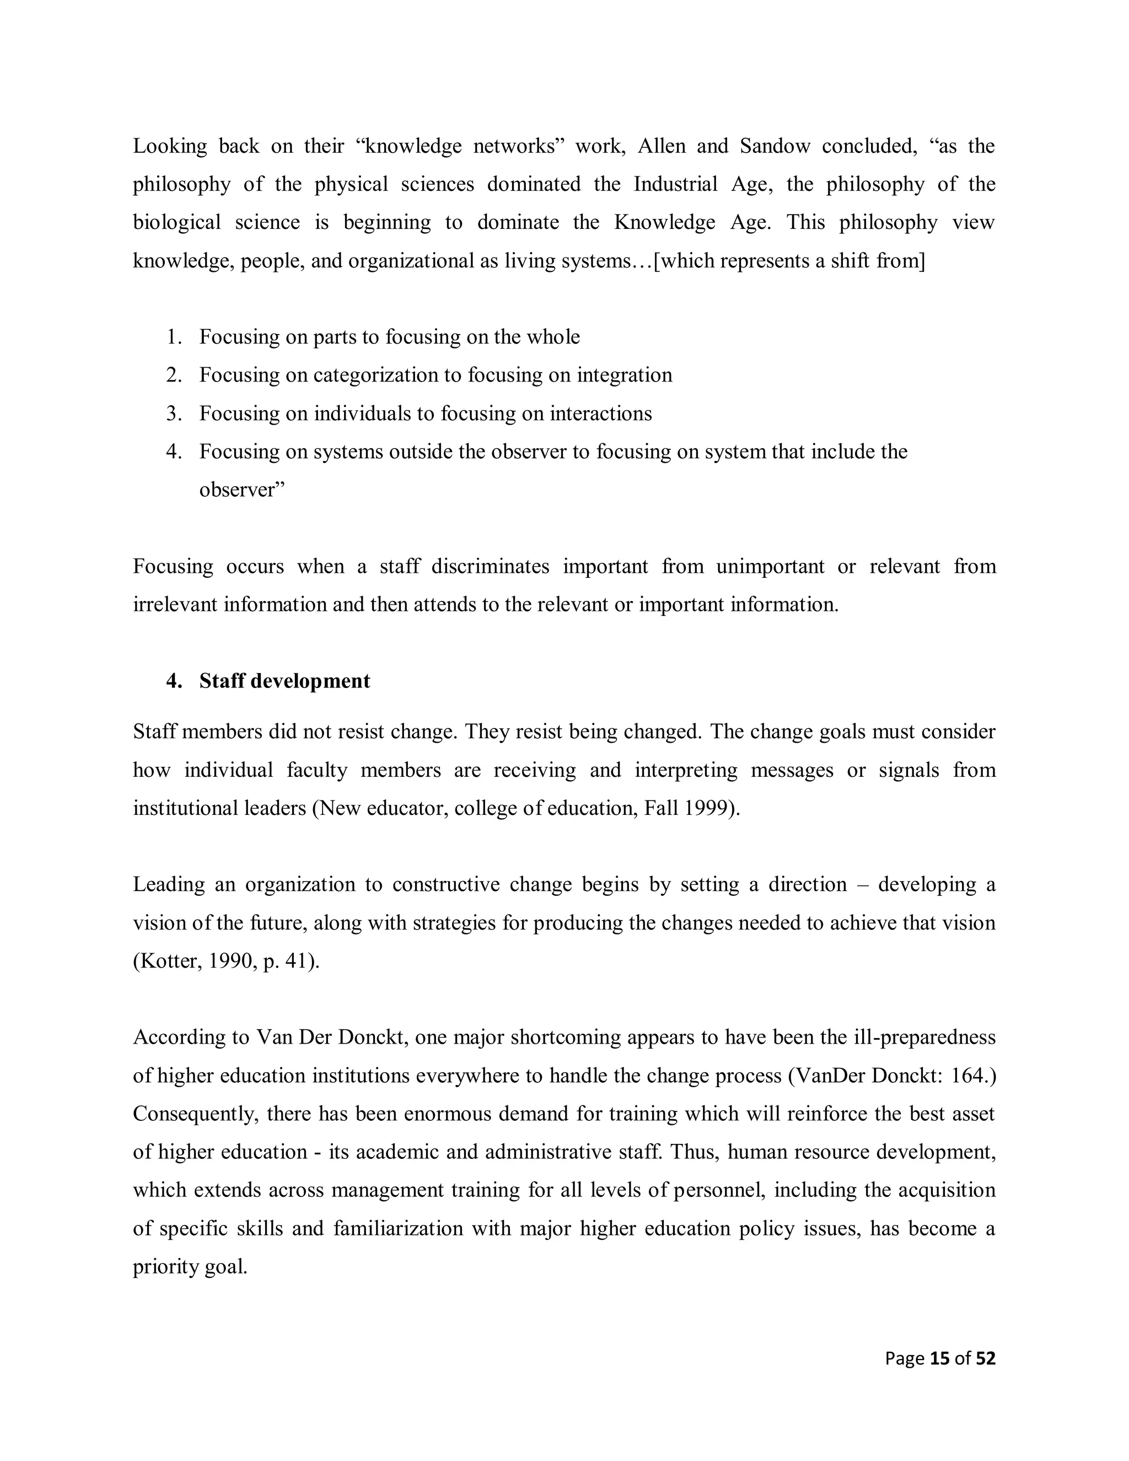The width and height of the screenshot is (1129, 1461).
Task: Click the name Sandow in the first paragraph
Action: click(775, 146)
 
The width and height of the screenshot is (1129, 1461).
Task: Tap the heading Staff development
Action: click(284, 681)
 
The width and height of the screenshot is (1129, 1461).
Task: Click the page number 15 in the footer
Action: click(940, 1358)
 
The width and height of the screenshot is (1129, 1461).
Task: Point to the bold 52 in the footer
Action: click(985, 1358)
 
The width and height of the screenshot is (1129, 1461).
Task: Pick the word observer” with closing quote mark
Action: click(242, 490)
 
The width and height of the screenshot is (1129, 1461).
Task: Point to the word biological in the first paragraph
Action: click(176, 222)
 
